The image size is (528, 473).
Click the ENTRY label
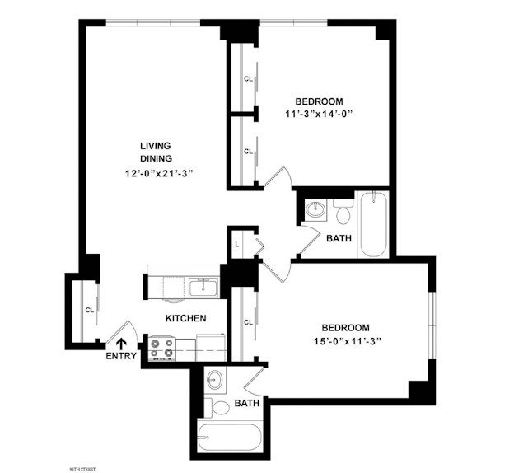point(122,357)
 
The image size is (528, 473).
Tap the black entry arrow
point(122,343)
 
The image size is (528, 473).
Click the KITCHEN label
point(185,318)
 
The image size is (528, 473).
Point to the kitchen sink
point(203,287)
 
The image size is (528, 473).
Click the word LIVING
point(155,145)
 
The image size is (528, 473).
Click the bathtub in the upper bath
point(373,225)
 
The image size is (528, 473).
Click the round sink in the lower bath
point(215,382)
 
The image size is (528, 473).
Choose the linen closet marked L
point(237,244)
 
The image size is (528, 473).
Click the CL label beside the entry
point(88,310)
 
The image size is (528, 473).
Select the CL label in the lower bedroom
point(248,322)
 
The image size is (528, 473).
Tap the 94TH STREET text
point(83,468)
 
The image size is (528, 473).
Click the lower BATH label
point(247,404)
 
